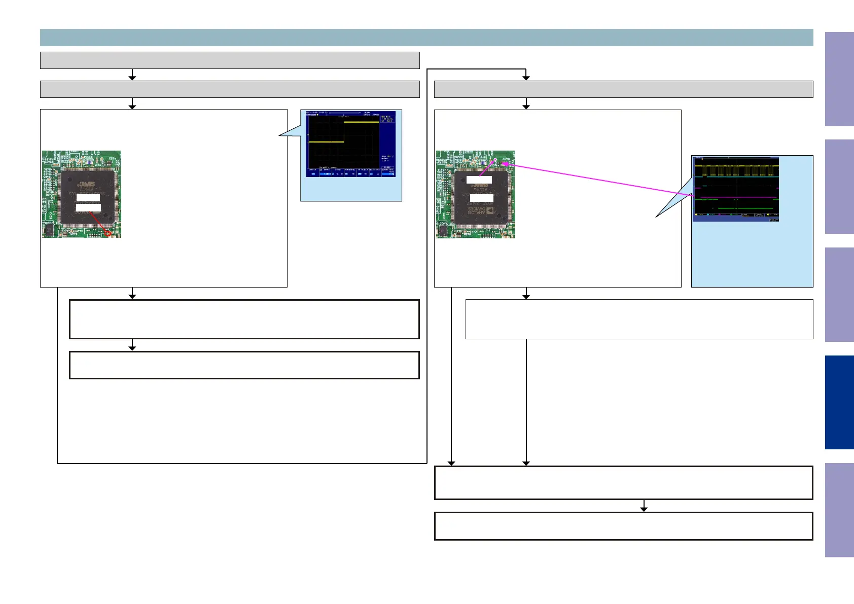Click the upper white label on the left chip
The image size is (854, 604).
point(88,197)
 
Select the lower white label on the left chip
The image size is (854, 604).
point(88,207)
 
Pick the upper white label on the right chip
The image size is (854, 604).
point(479,180)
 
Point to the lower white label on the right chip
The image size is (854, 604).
point(482,198)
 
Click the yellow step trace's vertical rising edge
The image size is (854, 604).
point(344,132)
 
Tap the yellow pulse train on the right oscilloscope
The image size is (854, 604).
point(735,166)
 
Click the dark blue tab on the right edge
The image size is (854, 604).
point(839,402)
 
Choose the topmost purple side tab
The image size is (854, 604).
point(839,79)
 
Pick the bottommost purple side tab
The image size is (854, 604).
point(839,510)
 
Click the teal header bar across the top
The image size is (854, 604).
point(426,38)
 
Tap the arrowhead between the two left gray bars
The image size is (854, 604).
point(132,78)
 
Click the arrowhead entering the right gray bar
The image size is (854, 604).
point(526,78)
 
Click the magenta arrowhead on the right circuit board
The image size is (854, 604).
point(505,164)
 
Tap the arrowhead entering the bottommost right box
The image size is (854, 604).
point(644,509)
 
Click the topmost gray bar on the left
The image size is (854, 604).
point(230,60)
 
